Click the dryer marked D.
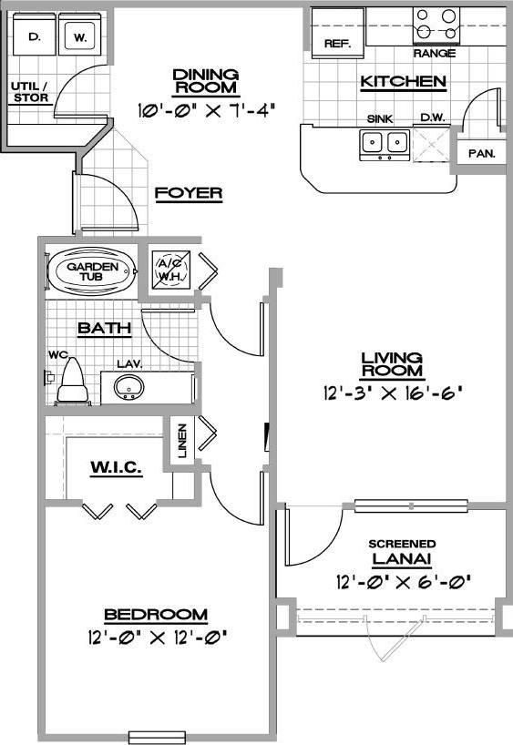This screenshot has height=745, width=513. coord(34,38)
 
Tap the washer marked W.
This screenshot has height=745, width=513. coord(79,38)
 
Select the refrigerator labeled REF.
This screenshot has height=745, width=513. coord(337,43)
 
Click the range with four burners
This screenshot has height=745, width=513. coord(435,25)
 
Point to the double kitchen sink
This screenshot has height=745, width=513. coord(384,142)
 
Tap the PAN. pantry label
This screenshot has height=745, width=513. coord(480,153)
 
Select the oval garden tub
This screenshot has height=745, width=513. coord(91,270)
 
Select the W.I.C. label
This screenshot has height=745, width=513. coord(116,468)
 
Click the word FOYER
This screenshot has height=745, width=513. coord(189,193)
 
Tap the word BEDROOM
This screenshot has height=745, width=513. coord(155,615)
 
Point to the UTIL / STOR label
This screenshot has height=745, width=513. coord(28,92)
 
